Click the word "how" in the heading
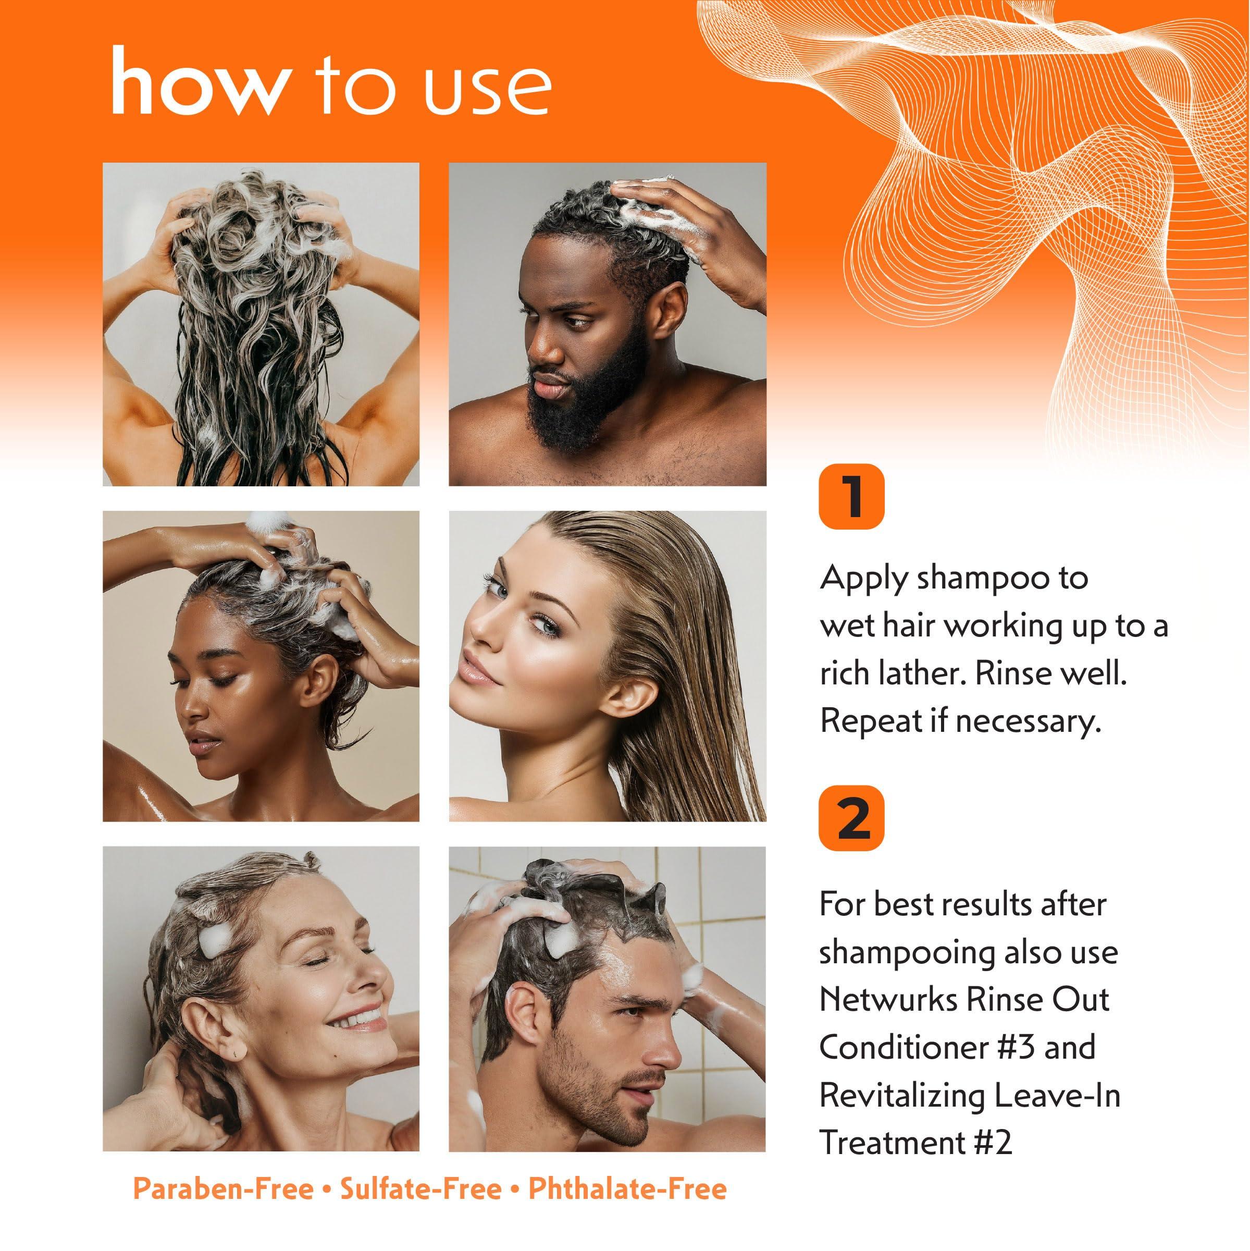(200, 82)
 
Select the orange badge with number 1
(851, 497)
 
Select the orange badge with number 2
(851, 818)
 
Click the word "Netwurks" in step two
(888, 1000)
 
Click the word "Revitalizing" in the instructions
(902, 1096)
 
